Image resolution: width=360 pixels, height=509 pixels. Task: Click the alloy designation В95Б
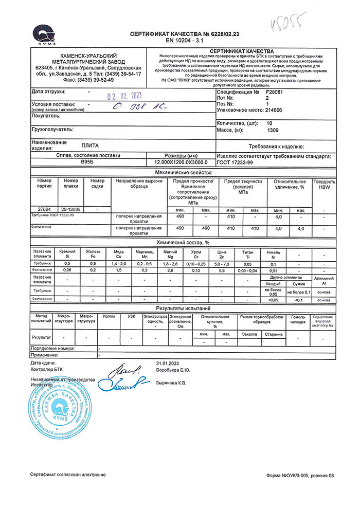(88, 162)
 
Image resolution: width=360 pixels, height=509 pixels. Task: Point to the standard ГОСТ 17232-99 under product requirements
(235, 162)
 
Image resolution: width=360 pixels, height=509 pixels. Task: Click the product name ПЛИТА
(90, 146)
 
